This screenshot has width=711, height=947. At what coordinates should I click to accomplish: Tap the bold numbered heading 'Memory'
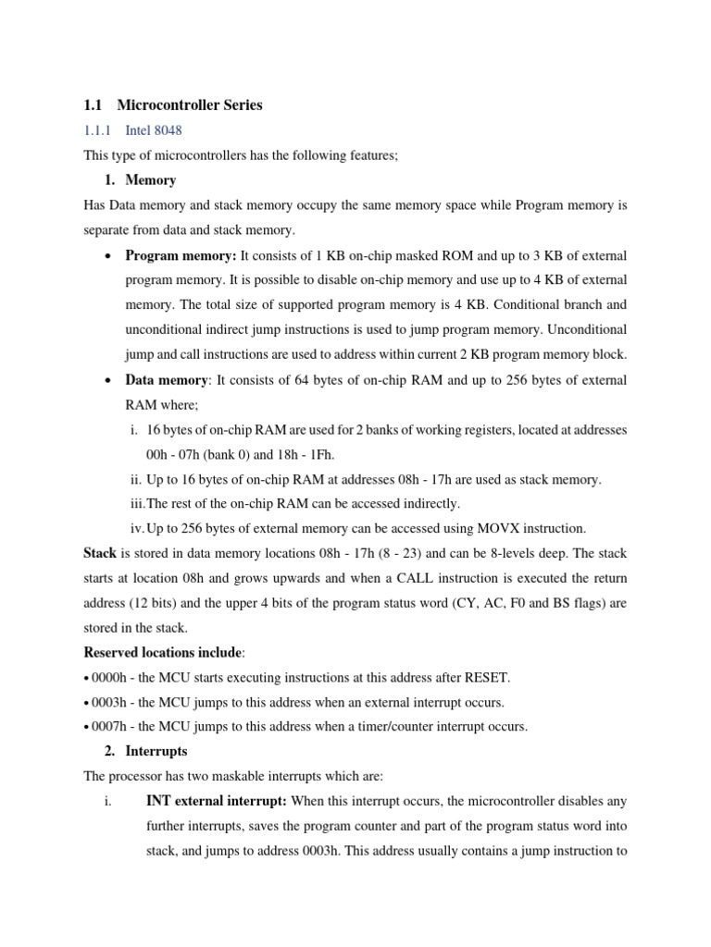tap(150, 179)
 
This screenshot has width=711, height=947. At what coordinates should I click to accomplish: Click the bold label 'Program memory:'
tap(181, 255)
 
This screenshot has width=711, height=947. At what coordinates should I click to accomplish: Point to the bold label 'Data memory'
tap(166, 381)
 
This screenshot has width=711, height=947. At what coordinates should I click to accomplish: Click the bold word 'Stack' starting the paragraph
tap(100, 553)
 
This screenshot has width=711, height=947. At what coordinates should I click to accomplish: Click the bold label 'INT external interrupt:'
tap(217, 800)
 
